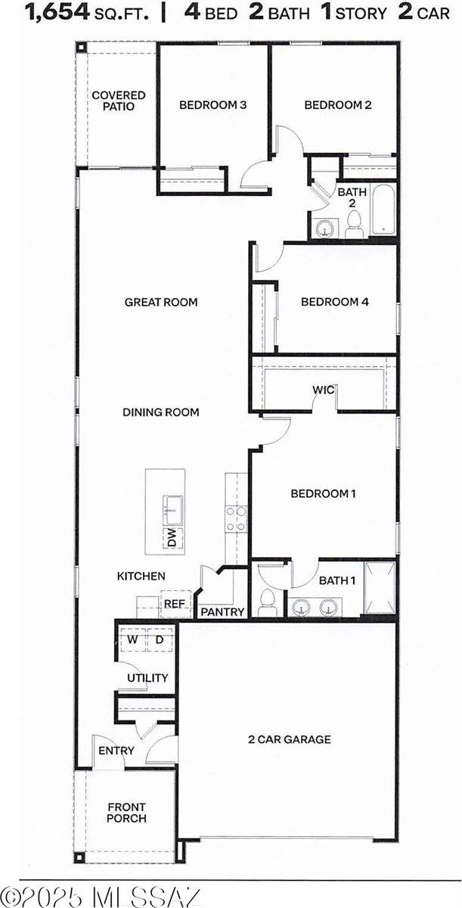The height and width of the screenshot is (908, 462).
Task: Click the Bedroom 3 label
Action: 212,105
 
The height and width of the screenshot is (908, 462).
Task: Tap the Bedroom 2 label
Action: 337,105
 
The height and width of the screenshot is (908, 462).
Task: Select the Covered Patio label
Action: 119,101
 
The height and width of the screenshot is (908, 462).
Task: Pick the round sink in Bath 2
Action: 326,228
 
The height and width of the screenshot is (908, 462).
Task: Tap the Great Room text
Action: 161,303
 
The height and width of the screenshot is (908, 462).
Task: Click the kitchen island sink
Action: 172,509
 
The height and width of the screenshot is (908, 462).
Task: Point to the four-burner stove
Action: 236,520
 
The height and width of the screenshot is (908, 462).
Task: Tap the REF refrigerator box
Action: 175,604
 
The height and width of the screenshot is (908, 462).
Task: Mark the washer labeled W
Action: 132,640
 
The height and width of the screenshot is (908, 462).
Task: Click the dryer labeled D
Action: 160,640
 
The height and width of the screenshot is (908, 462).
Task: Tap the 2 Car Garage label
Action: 290,739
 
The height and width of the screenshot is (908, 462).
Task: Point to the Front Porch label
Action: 126,813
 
